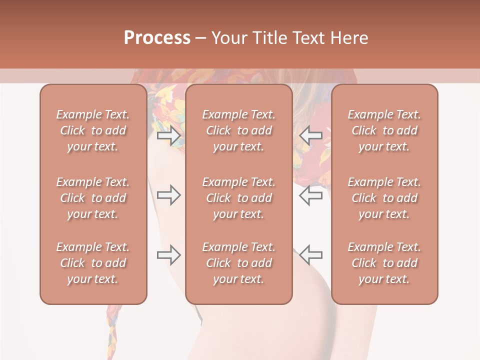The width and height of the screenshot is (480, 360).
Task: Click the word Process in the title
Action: pyautogui.click(x=157, y=37)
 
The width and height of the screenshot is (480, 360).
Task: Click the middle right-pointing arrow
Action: pyautogui.click(x=168, y=195)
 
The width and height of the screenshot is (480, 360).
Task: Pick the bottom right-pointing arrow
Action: pyautogui.click(x=168, y=255)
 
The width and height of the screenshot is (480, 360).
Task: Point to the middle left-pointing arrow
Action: pyautogui.click(x=310, y=195)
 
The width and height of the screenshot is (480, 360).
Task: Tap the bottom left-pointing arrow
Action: pyautogui.click(x=310, y=255)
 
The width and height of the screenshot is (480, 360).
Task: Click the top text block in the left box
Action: pyautogui.click(x=93, y=130)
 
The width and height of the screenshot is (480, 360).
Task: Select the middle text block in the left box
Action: pyautogui.click(x=93, y=198)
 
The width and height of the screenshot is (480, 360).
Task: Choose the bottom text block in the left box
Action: pyautogui.click(x=93, y=263)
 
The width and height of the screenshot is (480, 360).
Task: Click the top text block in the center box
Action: pyautogui.click(x=238, y=130)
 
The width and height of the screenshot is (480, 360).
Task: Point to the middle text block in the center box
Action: pyautogui.click(x=238, y=198)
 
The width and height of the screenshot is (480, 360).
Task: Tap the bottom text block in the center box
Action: pyautogui.click(x=238, y=263)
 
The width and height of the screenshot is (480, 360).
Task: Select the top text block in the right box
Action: pyautogui.click(x=384, y=130)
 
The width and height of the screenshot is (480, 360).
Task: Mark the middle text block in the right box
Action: pyautogui.click(x=384, y=198)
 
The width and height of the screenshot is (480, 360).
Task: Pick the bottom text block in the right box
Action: pyautogui.click(x=384, y=263)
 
